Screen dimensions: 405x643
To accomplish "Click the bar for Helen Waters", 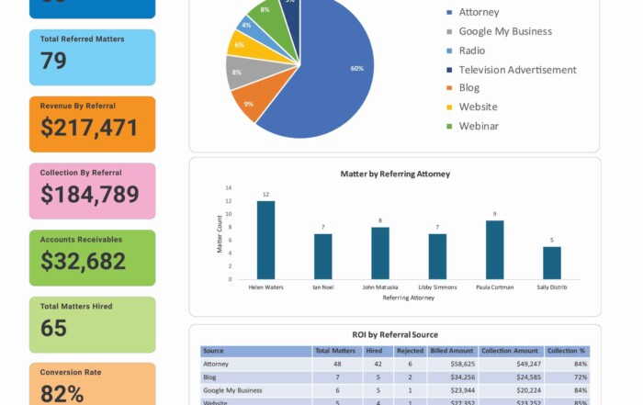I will (x=265, y=240).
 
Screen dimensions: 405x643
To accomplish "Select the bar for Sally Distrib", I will (x=551, y=263).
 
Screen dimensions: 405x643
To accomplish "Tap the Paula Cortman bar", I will (x=494, y=250).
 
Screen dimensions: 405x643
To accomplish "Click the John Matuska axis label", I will (x=379, y=287).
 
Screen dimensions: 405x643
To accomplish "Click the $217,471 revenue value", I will (x=89, y=128).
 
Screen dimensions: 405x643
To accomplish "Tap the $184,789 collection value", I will (x=89, y=195).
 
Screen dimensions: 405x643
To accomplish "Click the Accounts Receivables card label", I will (x=81, y=240).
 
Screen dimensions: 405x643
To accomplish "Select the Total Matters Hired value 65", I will (x=53, y=328).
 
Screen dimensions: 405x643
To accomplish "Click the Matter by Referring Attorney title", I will (x=395, y=174).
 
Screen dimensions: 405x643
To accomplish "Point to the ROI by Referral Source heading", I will (x=395, y=334).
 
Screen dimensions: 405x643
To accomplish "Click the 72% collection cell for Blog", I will (x=580, y=377).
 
